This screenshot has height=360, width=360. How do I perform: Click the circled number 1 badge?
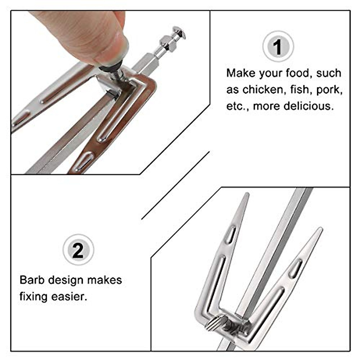coord(278,46)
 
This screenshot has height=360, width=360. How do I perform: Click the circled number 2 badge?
coord(78,250)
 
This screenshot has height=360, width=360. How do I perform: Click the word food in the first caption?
coord(300,73)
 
